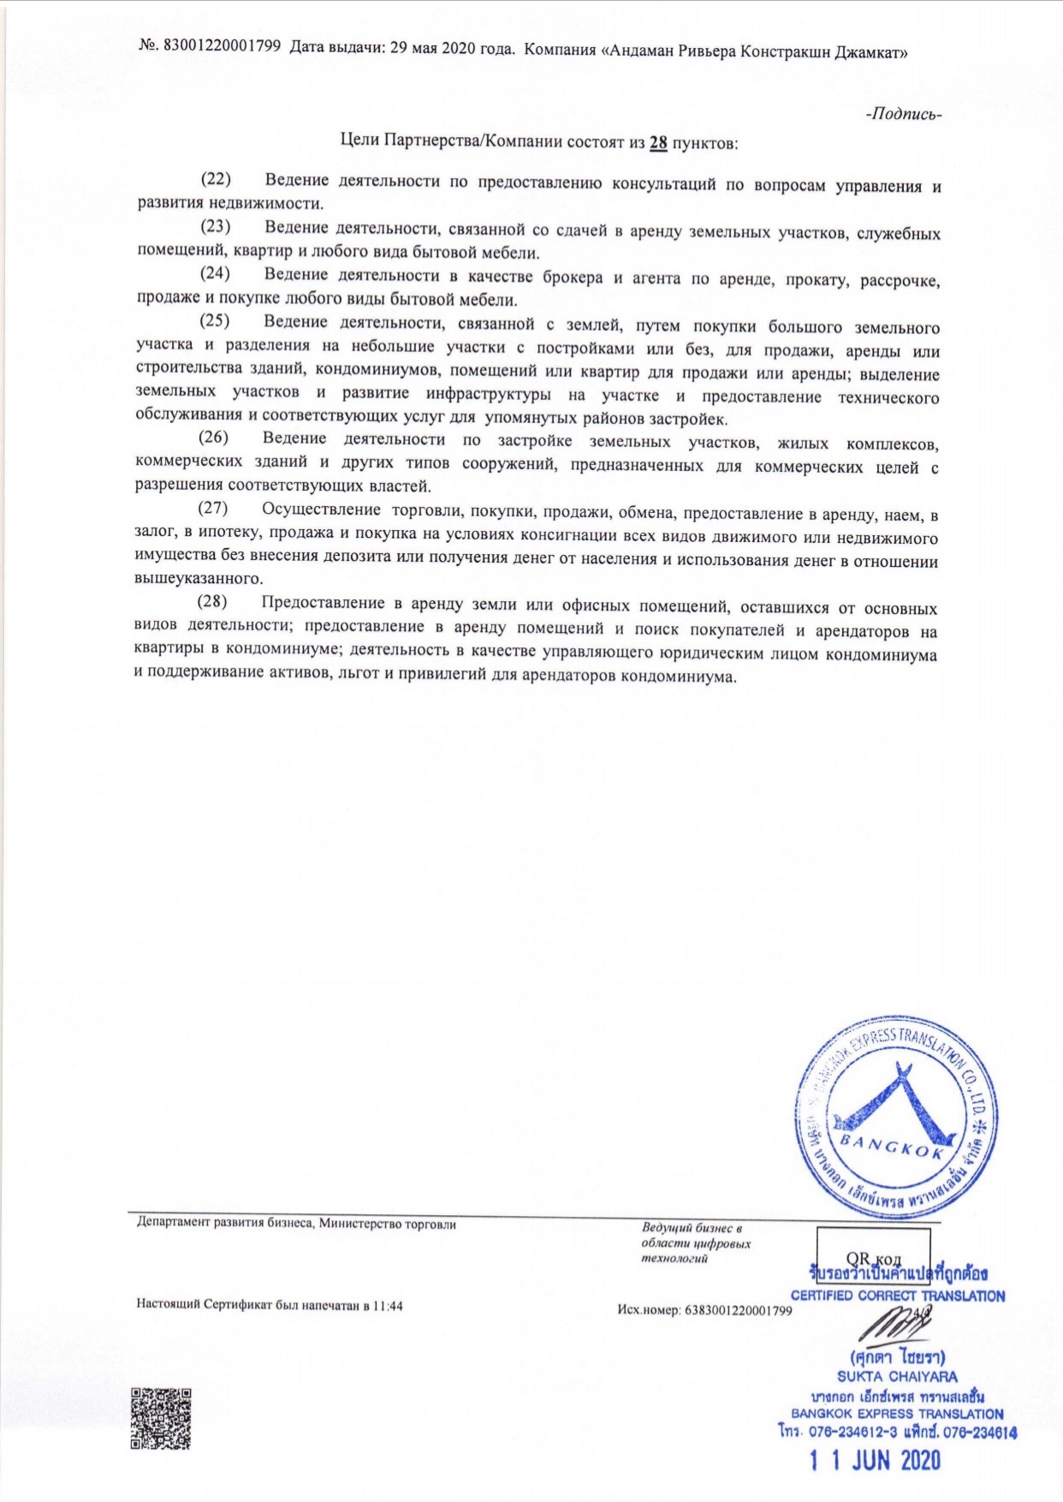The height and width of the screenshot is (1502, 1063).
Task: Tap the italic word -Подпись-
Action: pyautogui.click(x=905, y=115)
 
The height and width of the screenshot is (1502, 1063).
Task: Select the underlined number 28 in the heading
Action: pyautogui.click(x=658, y=143)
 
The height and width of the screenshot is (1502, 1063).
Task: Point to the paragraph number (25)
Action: pyautogui.click(x=216, y=322)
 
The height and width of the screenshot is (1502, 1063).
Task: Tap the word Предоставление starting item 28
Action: pyautogui.click(x=323, y=604)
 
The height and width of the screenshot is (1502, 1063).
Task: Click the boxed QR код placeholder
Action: pyautogui.click(x=873, y=1258)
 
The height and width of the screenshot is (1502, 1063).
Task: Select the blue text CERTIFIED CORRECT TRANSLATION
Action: pyautogui.click(x=897, y=1296)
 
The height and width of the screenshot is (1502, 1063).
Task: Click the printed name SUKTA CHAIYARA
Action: pyautogui.click(x=897, y=1377)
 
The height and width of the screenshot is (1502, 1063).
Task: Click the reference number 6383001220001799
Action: pyautogui.click(x=738, y=1310)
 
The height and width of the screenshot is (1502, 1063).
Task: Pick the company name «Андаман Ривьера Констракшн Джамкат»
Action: pyautogui.click(x=755, y=51)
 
